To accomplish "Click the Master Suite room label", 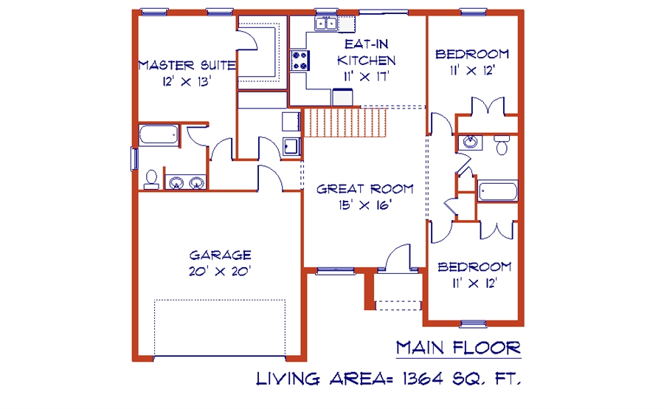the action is (187, 65).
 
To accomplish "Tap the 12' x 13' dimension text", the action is (187, 81).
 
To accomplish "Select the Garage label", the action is (220, 255).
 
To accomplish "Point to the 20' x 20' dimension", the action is (220, 271).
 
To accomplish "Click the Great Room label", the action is (365, 189).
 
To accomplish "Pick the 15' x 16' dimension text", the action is (365, 205).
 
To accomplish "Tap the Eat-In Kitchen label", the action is (366, 52).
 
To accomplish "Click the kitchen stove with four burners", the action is (300, 61).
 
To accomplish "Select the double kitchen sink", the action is (326, 24).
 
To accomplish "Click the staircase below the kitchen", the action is (345, 123).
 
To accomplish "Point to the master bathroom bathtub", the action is (159, 135).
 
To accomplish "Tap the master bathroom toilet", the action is (151, 179).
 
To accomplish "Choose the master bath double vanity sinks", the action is (186, 182).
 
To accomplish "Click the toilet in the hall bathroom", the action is (502, 145).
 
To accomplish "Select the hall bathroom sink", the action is (470, 142).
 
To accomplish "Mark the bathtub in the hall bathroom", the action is (497, 191).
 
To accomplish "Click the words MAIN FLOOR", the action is (459, 348).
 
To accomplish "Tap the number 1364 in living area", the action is (423, 379).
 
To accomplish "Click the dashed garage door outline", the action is (220, 328).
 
